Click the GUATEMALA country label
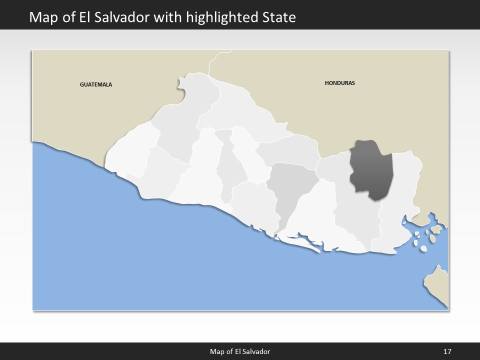tap(96, 84)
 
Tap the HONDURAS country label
tap(339, 83)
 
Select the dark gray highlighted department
tap(371, 170)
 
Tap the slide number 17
tap(447, 351)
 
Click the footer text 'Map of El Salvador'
tap(239, 351)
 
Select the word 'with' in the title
tap(167, 17)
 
